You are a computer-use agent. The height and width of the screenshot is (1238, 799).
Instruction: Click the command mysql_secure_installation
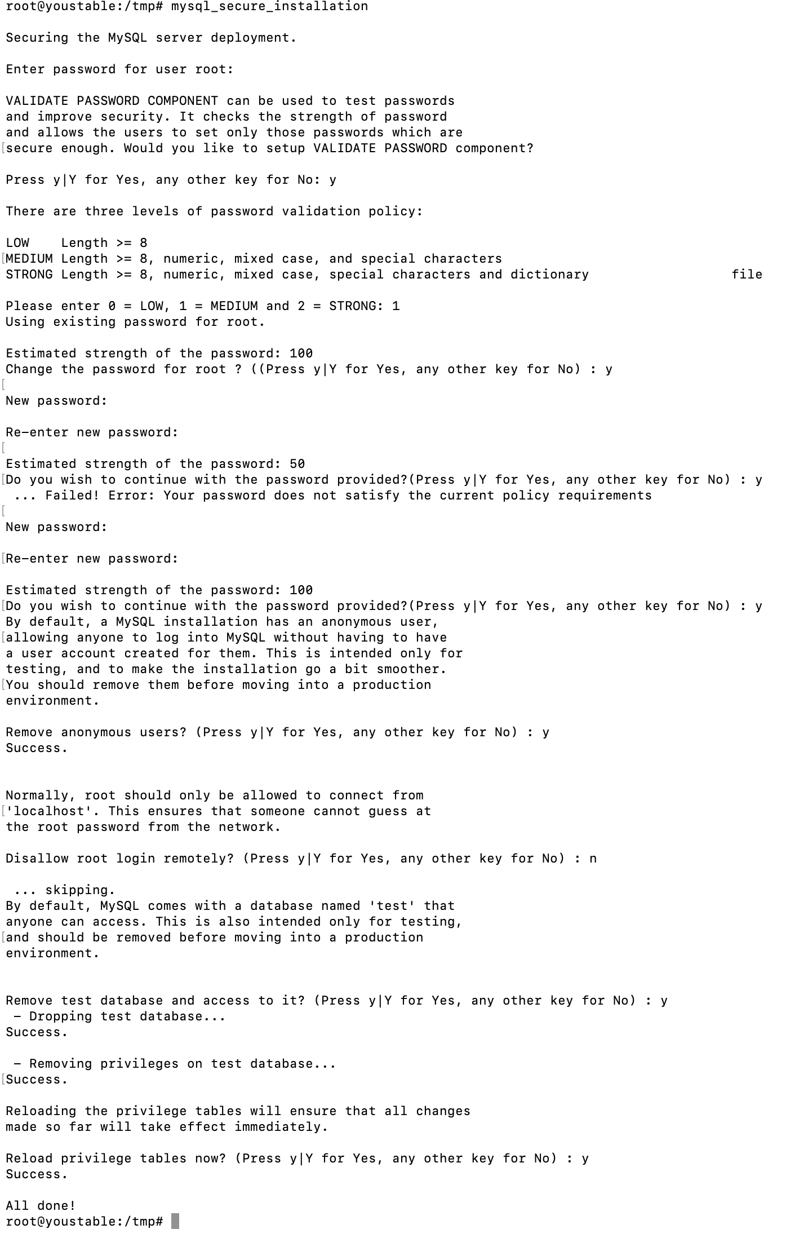pos(269,6)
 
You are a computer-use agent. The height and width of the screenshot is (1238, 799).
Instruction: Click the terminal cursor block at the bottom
pos(175,1221)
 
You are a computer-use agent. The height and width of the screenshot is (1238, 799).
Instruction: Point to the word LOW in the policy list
pos(17,243)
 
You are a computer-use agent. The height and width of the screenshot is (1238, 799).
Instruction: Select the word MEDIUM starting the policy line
pos(29,259)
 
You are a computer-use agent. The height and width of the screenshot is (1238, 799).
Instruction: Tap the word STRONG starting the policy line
pos(29,275)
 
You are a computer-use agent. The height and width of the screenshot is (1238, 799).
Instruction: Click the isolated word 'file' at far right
pos(747,275)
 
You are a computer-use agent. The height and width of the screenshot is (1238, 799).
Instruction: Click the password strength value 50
pos(297,464)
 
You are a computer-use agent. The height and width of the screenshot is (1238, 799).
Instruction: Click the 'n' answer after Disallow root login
pos(593,859)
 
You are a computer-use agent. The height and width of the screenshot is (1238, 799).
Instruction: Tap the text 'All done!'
pos(41,1206)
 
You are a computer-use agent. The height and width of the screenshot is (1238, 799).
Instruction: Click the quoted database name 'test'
pos(392,906)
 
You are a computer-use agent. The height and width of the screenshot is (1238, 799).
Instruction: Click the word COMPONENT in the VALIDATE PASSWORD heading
pos(183,101)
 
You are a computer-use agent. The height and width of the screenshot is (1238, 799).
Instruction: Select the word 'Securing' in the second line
pos(37,38)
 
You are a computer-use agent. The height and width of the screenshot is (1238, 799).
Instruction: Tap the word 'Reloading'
pos(41,1111)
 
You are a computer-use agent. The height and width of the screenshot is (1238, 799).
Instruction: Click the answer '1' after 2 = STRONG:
pos(396,306)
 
